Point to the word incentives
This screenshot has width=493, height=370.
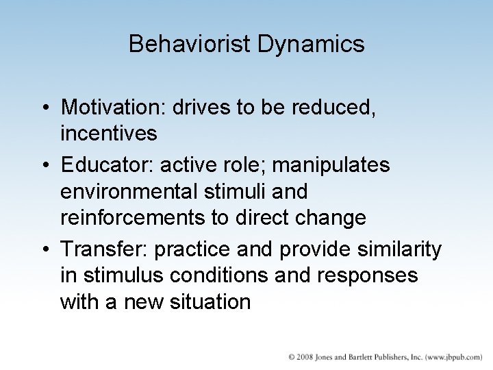click(109, 133)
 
